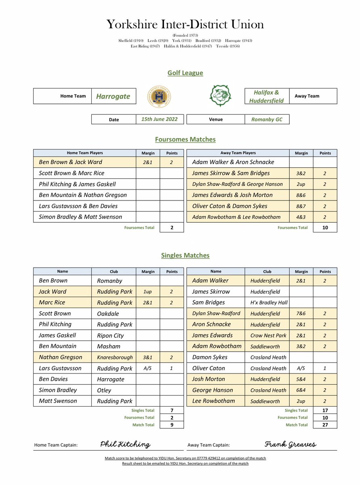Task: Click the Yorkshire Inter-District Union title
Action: [185, 24]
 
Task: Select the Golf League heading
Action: [185, 73]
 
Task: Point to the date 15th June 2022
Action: [160, 119]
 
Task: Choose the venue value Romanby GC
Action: [267, 120]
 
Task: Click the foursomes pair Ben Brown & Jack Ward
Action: [70, 162]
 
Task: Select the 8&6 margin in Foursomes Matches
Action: [301, 195]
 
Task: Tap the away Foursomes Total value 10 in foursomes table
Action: [325, 228]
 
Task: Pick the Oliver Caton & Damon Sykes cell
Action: [229, 206]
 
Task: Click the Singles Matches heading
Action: [185, 255]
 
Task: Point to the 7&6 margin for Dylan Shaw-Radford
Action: [301, 314]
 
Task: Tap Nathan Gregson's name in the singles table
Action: [60, 357]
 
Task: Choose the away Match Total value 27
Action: [325, 425]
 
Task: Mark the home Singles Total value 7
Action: [172, 410]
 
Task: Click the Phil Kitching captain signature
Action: [125, 445]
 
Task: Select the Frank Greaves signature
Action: [290, 445]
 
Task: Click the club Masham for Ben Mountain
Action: [109, 346]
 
